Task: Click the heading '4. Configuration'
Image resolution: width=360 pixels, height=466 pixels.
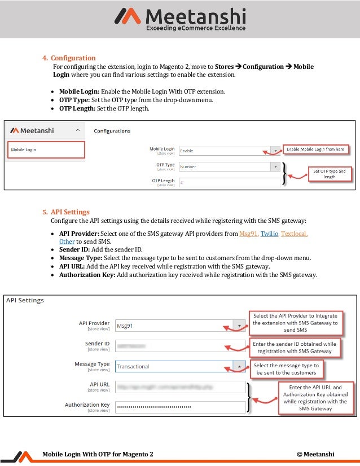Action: click(69, 58)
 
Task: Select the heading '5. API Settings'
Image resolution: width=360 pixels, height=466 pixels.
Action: click(66, 212)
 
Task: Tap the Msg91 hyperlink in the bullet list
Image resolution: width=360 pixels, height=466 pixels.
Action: click(248, 233)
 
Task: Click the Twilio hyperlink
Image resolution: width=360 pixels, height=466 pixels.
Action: click(269, 233)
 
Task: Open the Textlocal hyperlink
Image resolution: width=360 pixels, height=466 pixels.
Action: click(294, 233)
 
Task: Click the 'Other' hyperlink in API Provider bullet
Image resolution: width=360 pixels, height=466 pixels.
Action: click(67, 241)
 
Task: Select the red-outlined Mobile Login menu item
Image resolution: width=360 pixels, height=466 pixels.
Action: click(45, 150)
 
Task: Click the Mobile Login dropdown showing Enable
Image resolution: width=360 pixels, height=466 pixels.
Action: click(229, 151)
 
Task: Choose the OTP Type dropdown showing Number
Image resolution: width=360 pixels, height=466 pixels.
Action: click(229, 166)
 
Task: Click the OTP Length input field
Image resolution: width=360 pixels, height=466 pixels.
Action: click(229, 182)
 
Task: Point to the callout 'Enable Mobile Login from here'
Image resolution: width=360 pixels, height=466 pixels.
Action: click(316, 149)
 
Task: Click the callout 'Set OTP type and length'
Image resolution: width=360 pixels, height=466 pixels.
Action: click(330, 173)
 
